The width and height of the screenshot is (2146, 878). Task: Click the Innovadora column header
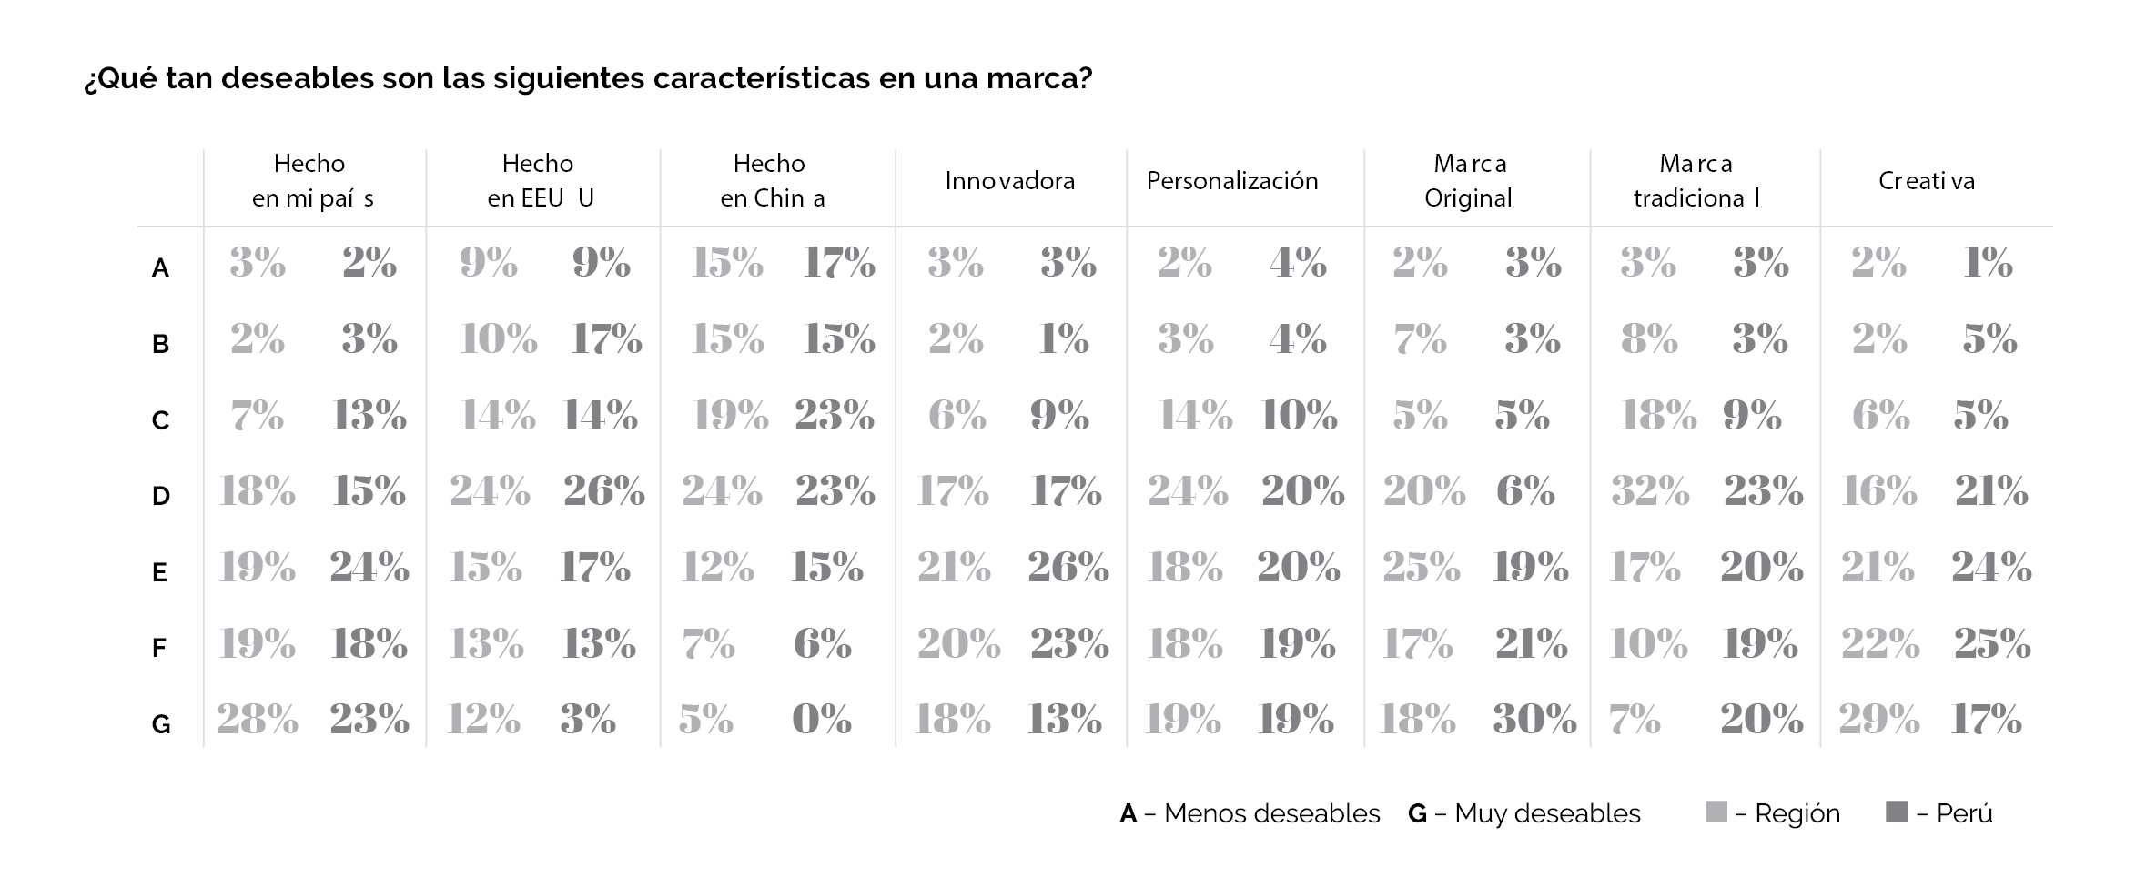pyautogui.click(x=1009, y=181)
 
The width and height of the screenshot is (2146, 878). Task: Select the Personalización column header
pyautogui.click(x=1231, y=181)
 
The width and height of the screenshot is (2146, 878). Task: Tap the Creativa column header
pyautogui.click(x=1926, y=181)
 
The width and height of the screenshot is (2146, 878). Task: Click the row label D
pyautogui.click(x=160, y=496)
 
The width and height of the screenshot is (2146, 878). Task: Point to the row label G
pyautogui.click(x=160, y=724)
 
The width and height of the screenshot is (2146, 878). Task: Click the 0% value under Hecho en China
pyautogui.click(x=821, y=720)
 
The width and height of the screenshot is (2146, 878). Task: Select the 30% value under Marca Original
pyautogui.click(x=1534, y=720)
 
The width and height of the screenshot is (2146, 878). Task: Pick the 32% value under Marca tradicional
pyautogui.click(x=1649, y=491)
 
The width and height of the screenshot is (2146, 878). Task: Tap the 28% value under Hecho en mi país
pyautogui.click(x=258, y=720)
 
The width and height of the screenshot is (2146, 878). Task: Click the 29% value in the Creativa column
pyautogui.click(x=1878, y=720)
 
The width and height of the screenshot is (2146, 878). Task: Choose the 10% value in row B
pyautogui.click(x=498, y=339)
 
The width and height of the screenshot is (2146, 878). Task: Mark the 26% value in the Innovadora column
pyautogui.click(x=1068, y=568)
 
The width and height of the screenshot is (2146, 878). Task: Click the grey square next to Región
pyautogui.click(x=1715, y=812)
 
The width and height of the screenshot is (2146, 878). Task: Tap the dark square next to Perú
pyautogui.click(x=1897, y=812)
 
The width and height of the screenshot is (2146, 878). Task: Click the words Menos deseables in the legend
pyautogui.click(x=1271, y=813)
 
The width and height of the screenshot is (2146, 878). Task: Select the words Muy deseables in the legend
pyautogui.click(x=1547, y=813)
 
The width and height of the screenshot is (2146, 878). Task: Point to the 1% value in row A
pyautogui.click(x=1988, y=263)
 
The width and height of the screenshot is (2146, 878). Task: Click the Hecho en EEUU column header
pyautogui.click(x=539, y=181)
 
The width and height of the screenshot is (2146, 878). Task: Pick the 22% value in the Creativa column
pyautogui.click(x=1879, y=644)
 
